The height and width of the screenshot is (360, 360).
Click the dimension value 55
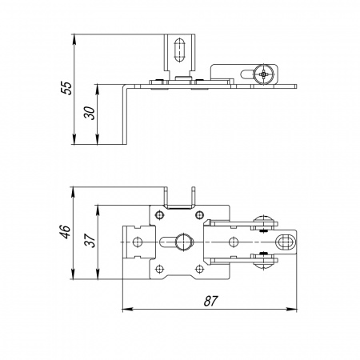tap(66, 88)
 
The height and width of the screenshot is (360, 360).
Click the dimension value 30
tap(90, 113)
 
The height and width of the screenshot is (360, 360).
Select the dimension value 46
tap(65, 231)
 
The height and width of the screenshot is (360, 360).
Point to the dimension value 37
tap(90, 240)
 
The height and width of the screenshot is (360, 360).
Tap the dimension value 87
tap(211, 301)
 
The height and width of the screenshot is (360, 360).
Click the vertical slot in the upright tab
tap(180, 50)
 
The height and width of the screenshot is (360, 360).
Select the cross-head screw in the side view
tap(263, 74)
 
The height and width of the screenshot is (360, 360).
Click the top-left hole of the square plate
tap(159, 215)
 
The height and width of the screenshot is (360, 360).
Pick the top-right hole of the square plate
tap(199, 214)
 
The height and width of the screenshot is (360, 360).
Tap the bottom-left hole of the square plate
tap(159, 269)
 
